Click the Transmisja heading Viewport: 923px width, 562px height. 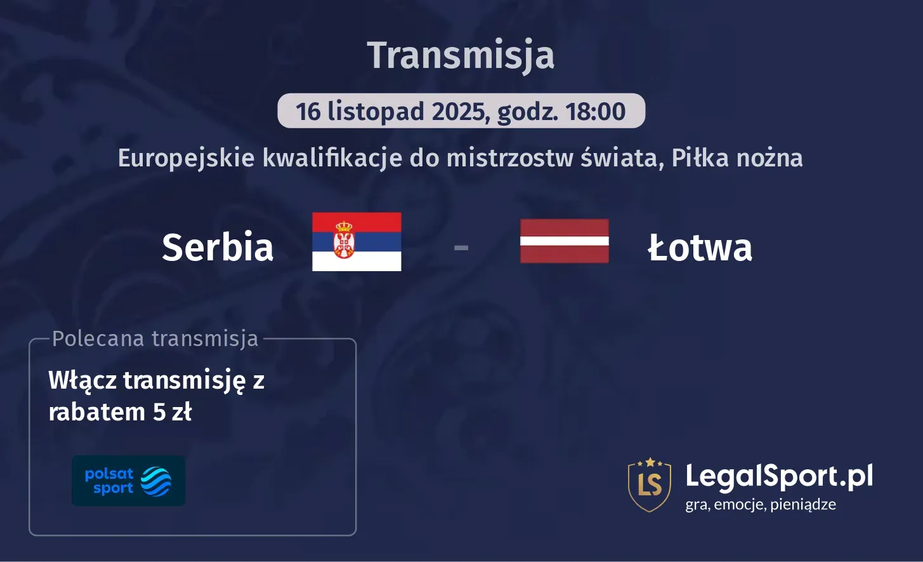(461, 55)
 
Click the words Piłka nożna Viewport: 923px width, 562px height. (737, 157)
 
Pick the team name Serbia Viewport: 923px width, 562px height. (218, 247)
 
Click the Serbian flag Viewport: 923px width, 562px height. (357, 241)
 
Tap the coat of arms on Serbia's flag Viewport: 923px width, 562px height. (344, 239)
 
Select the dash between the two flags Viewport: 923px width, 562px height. (461, 247)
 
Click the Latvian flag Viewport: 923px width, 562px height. (565, 241)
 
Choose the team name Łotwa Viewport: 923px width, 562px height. (700, 247)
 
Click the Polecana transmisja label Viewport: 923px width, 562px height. (155, 338)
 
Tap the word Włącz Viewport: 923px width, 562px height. (82, 380)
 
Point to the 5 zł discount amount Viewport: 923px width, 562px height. (172, 412)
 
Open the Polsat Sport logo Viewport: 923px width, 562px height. (128, 481)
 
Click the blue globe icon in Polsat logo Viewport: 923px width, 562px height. (155, 481)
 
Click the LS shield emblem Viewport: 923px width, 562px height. (650, 485)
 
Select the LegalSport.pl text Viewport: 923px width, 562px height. (779, 476)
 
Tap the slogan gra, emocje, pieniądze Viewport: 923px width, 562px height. (761, 505)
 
